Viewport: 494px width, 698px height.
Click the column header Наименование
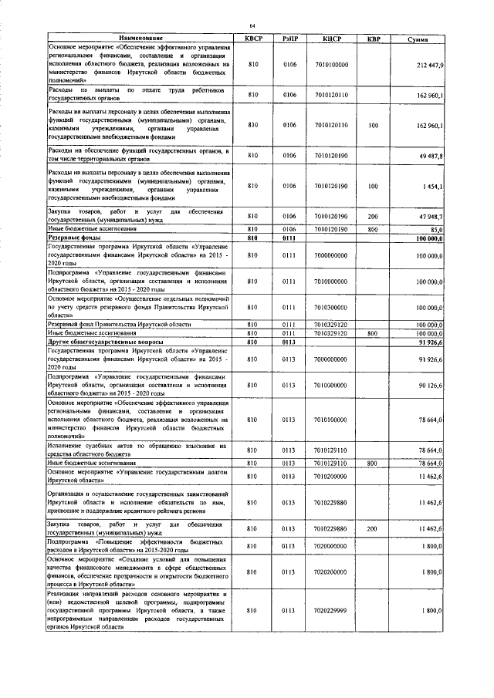(140, 38)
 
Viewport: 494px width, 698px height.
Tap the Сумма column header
(421, 38)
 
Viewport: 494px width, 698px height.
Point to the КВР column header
(373, 38)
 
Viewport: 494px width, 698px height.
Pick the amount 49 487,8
(431, 156)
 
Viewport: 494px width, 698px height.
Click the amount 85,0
(436, 229)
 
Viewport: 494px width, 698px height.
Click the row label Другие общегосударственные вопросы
(98, 340)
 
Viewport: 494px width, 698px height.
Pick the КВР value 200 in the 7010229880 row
(373, 529)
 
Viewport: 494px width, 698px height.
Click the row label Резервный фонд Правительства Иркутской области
(119, 325)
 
